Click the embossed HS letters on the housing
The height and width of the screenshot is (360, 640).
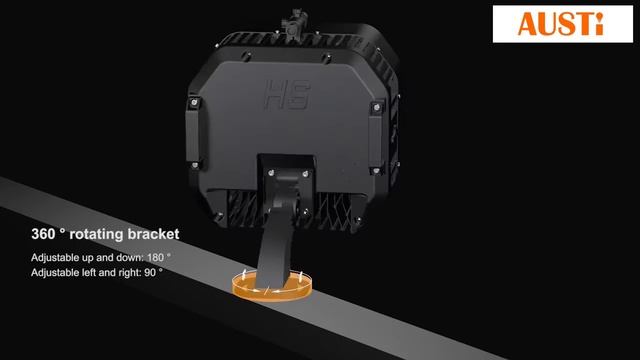tap(287, 96)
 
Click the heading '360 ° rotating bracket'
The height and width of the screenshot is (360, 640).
tap(105, 235)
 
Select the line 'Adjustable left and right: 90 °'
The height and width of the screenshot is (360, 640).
tap(96, 272)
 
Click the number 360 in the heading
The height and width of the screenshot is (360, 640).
tap(45, 235)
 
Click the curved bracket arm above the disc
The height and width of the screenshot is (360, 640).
tap(273, 240)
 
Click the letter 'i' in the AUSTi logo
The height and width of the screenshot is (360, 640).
tap(597, 23)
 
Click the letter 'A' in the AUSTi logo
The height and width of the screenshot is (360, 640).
tap(527, 23)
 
